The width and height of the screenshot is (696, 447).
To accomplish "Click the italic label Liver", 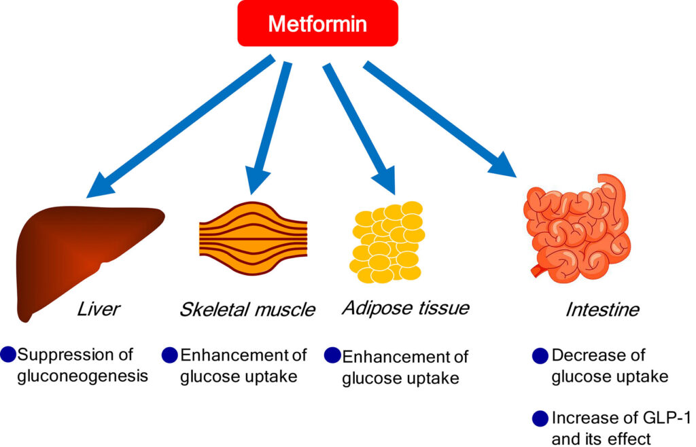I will [x=99, y=310].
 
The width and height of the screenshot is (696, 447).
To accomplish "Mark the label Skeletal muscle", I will [x=247, y=310].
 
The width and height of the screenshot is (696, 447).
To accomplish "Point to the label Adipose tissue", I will [x=405, y=308].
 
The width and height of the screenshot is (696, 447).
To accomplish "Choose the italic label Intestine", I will [x=602, y=310].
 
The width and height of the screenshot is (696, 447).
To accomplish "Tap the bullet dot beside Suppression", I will [x=8, y=354].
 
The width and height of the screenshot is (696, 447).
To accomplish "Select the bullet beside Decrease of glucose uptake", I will [x=540, y=355].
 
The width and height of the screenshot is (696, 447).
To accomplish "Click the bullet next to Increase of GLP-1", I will [x=540, y=418].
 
